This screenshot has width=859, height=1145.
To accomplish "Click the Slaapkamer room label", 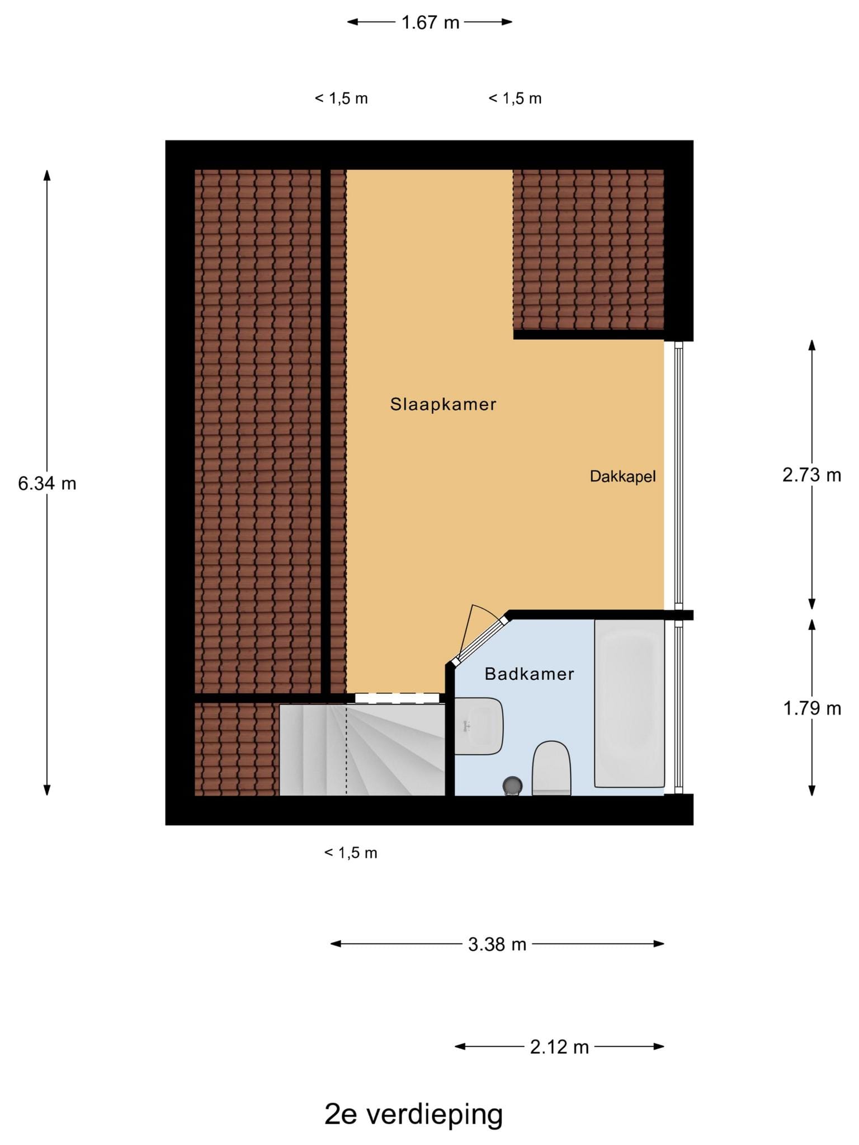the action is tap(443, 404).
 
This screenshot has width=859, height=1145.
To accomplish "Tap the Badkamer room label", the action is tap(529, 674).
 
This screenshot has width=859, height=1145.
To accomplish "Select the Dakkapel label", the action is tap(622, 477).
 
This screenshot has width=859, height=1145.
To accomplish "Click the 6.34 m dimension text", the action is tap(47, 483).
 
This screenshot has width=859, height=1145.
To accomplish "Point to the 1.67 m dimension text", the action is tap(430, 22).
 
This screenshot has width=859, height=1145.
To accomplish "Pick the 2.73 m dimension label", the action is tap(811, 475).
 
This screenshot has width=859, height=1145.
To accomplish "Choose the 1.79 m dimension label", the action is tap(812, 708).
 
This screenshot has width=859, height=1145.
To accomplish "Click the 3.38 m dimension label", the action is tap(497, 944).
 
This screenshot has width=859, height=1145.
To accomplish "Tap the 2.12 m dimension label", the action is tap(559, 1047).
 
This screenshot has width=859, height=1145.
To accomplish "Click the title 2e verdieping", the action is tap(414, 1114).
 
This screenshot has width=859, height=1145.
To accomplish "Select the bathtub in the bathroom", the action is tap(629, 703).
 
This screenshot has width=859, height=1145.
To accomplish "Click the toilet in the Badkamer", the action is tap(551, 768).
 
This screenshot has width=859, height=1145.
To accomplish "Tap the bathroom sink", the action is tap(478, 726).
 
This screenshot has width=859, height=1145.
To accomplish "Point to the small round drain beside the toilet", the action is tap(513, 786).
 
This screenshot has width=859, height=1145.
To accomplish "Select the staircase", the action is tap(362, 750).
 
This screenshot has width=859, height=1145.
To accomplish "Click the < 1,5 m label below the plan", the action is tap(351, 853).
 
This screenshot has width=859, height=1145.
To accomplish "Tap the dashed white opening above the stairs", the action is tap(397, 698).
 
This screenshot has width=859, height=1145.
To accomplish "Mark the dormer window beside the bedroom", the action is tap(678, 475).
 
